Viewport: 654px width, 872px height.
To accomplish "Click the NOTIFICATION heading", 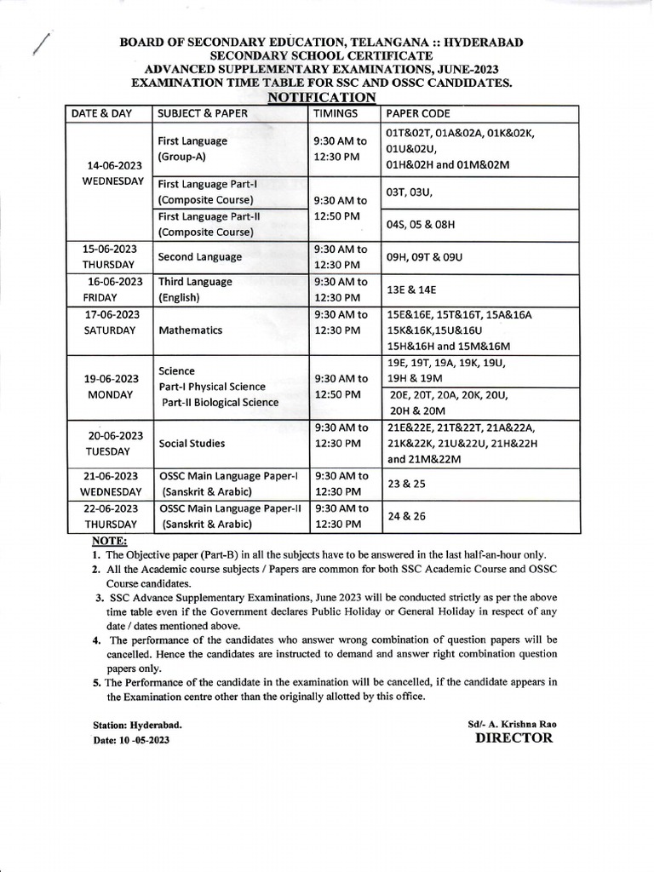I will pyautogui.click(x=322, y=98).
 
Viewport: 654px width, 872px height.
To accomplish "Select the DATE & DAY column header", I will pyautogui.click(x=103, y=114).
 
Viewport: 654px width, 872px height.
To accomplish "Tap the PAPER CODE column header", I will pyautogui.click(x=418, y=114).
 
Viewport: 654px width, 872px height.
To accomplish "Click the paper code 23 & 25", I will pyautogui.click(x=407, y=484).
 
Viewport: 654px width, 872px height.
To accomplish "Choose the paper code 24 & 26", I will pyautogui.click(x=407, y=516).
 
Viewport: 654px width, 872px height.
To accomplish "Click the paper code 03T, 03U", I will pyautogui.click(x=410, y=193).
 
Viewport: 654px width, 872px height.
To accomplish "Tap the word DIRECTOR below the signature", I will pyautogui.click(x=513, y=737).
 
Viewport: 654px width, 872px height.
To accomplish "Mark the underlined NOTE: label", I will pyautogui.click(x=109, y=541).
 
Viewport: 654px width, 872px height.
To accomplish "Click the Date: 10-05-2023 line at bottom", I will pyautogui.click(x=131, y=741).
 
